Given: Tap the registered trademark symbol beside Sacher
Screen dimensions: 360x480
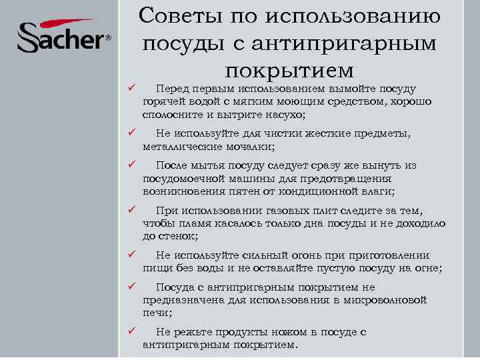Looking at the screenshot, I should [x=108, y=39].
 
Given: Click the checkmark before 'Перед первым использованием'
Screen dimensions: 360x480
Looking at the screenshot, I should [x=133, y=89].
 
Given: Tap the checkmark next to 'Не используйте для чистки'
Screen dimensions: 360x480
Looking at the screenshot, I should [x=133, y=134].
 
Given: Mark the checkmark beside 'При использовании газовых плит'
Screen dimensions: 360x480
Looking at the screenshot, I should [x=133, y=211].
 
